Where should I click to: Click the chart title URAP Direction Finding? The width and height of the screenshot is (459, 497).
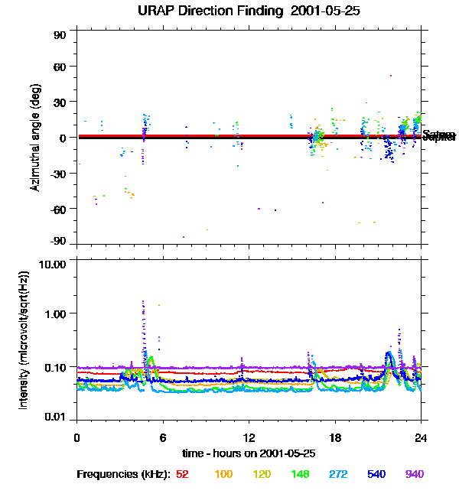coord(229,11)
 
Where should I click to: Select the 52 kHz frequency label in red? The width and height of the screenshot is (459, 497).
coord(182,475)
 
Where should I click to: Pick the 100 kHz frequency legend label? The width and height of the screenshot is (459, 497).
coord(223,475)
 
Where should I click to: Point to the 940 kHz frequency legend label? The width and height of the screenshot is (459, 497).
coord(415,475)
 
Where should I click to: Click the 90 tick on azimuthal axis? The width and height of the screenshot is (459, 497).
coord(60,36)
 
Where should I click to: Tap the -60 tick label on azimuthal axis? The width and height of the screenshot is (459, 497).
coord(58,209)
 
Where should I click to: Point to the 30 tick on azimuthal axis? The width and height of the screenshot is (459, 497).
coord(60,102)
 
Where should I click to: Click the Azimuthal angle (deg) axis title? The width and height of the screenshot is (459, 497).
coord(35,138)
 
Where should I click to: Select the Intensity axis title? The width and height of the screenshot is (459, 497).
coord(24,339)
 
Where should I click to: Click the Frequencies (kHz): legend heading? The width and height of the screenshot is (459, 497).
coord(123,475)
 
